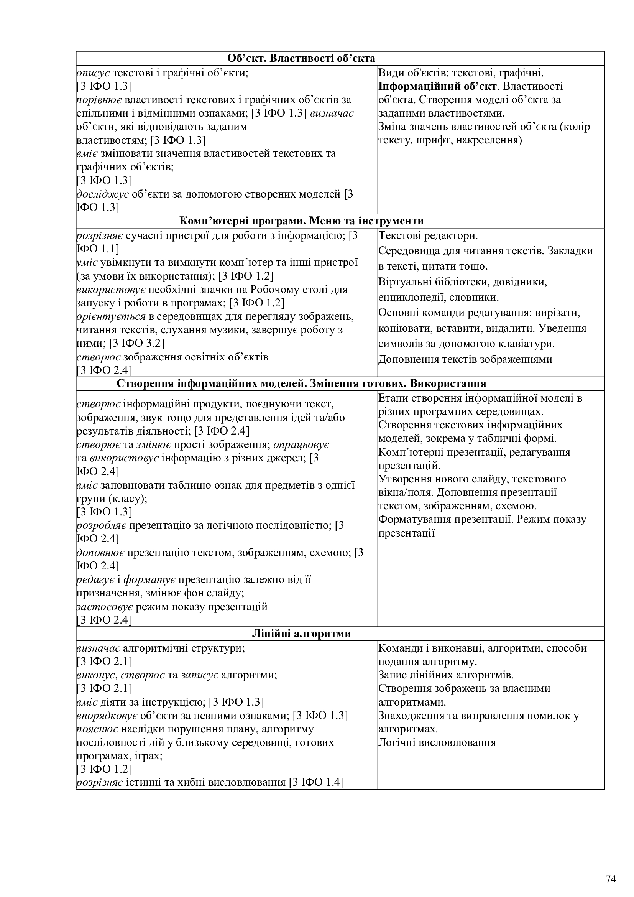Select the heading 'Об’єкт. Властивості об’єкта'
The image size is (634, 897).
(301, 59)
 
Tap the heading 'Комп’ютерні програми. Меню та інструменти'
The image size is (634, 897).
(301, 221)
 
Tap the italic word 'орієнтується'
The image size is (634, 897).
(111, 316)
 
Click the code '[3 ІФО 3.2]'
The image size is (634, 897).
(136, 343)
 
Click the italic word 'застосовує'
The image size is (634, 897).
(105, 607)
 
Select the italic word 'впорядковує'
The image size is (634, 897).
(107, 715)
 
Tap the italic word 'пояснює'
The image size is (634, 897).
(97, 729)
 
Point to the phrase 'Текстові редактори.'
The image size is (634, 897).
(428, 236)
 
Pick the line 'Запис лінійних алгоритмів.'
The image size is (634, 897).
(446, 675)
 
